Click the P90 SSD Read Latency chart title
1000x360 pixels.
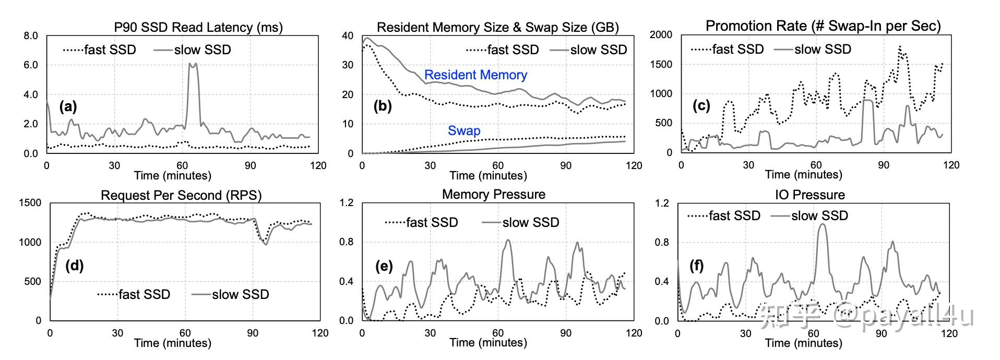tap(198, 27)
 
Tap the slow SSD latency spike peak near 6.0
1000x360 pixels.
tap(192, 65)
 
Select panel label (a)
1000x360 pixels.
tap(68, 107)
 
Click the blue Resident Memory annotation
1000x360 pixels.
tap(475, 75)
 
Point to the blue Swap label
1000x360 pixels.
tap(463, 130)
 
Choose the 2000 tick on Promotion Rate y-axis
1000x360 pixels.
tap(661, 34)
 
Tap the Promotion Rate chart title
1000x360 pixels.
tap(823, 26)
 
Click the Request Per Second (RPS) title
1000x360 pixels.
tap(181, 195)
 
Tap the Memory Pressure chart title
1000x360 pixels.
tap(493, 195)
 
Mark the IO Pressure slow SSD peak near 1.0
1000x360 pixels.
tap(823, 225)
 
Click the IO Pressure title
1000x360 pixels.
tap(809, 195)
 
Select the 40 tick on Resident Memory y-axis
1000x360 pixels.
tap(347, 36)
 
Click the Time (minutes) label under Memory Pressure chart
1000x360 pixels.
tap(488, 343)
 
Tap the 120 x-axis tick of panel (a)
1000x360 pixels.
tap(318, 165)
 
